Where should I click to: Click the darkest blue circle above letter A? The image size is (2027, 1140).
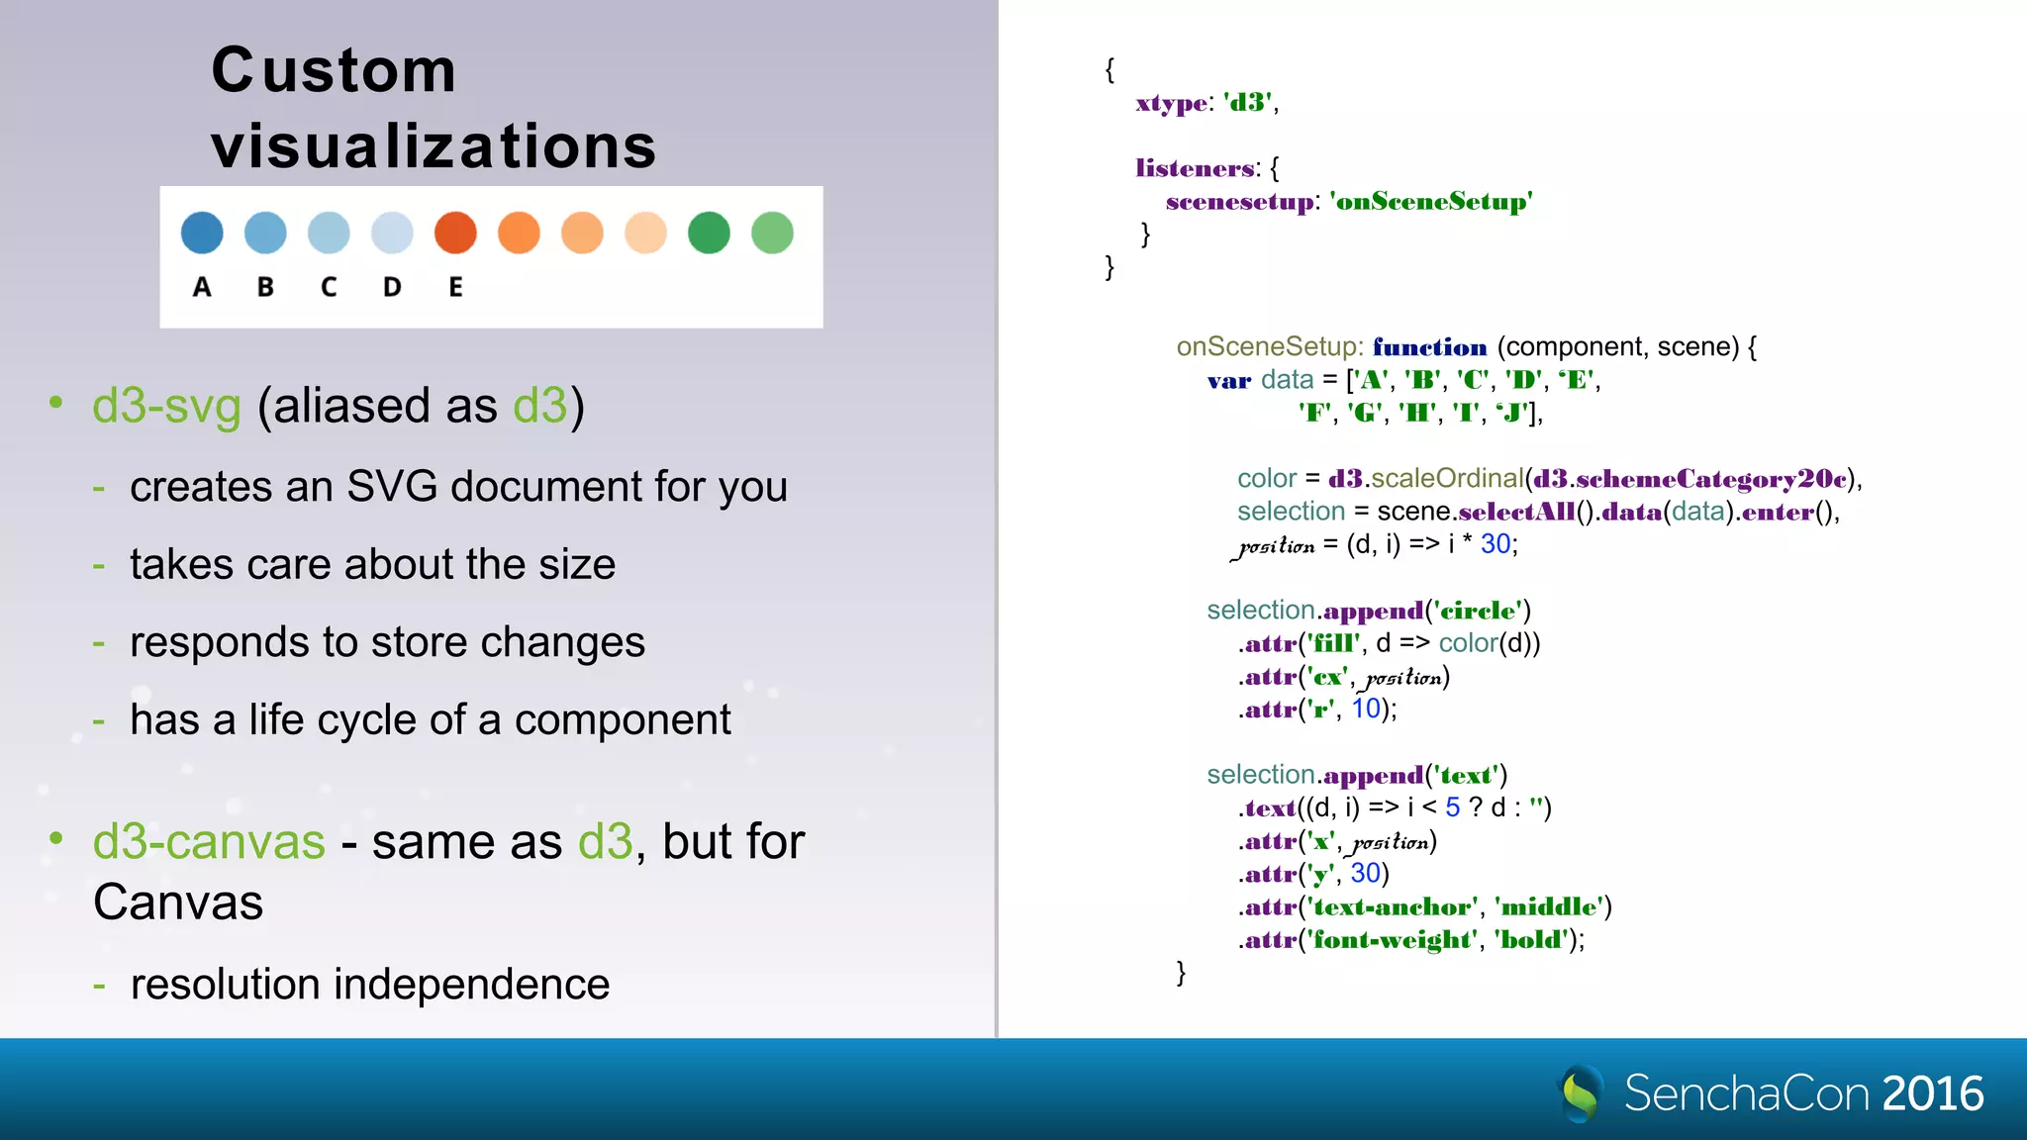(202, 233)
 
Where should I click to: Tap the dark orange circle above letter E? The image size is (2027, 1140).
(455, 233)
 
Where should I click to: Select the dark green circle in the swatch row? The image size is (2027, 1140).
(709, 233)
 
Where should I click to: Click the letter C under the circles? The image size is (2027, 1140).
(329, 287)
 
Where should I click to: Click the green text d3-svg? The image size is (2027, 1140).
(166, 406)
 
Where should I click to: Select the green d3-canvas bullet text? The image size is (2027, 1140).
(209, 842)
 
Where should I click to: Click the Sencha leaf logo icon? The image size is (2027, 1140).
(1582, 1092)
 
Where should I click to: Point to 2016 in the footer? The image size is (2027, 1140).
(1932, 1093)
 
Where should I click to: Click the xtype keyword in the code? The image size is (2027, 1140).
(1171, 103)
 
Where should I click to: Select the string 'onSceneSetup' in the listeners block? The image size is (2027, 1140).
(1430, 202)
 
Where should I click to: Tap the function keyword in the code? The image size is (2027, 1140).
(1429, 347)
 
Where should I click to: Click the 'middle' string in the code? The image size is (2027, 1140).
(1550, 906)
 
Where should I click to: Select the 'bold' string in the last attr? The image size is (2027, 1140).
(1530, 940)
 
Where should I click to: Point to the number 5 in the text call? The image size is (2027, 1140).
(1452, 807)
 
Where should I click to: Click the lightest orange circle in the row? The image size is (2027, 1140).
(645, 233)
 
